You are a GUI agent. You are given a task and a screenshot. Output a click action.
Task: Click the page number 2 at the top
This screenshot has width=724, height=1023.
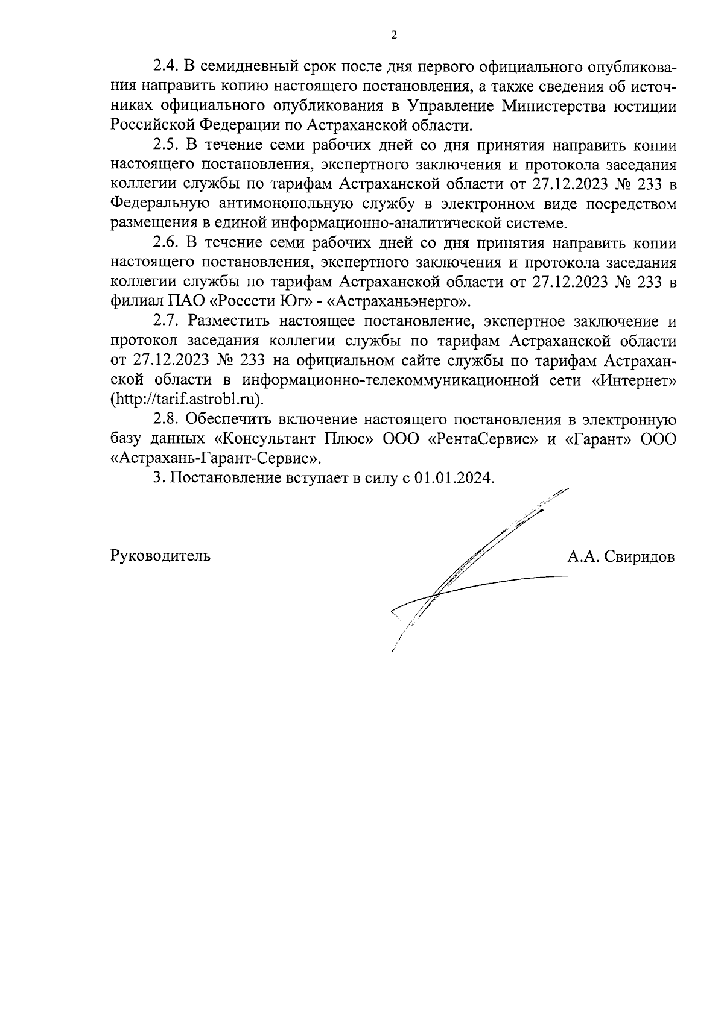pyautogui.click(x=394, y=35)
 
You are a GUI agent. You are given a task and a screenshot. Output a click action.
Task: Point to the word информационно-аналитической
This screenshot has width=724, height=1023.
pyautogui.click(x=378, y=223)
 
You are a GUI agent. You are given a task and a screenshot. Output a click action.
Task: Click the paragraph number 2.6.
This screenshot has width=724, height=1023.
pyautogui.click(x=164, y=243)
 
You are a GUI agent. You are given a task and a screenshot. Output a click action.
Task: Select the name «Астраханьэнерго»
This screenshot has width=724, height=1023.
pyautogui.click(x=398, y=301)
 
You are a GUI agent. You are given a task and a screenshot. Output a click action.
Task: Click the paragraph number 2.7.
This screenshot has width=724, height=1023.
pyautogui.click(x=164, y=321)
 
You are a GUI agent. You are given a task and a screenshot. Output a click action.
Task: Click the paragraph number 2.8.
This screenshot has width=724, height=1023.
pyautogui.click(x=164, y=419)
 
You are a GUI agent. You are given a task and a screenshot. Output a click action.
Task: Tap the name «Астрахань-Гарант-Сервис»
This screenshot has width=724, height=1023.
pyautogui.click(x=215, y=458)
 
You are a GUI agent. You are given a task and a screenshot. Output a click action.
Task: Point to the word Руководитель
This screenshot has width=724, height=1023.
pyautogui.click(x=160, y=556)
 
